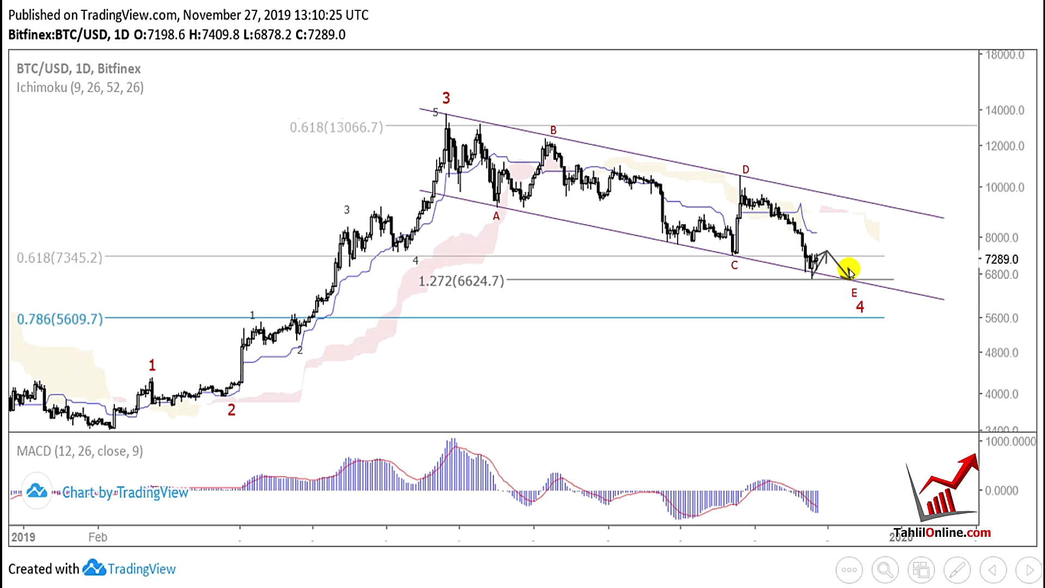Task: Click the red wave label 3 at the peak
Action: pyautogui.click(x=446, y=99)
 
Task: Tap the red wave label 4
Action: pyautogui.click(x=860, y=308)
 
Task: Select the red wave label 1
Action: pyautogui.click(x=152, y=365)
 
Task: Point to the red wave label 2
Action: pyautogui.click(x=231, y=410)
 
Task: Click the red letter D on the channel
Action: pyautogui.click(x=746, y=170)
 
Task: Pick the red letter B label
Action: pyautogui.click(x=553, y=131)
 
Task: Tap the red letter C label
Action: pyautogui.click(x=734, y=265)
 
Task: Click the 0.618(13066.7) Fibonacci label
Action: pyautogui.click(x=336, y=127)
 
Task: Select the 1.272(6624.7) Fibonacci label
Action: pyautogui.click(x=461, y=281)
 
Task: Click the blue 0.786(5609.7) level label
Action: pyautogui.click(x=60, y=319)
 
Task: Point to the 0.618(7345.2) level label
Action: pyautogui.click(x=59, y=258)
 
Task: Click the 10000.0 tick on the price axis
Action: pyautogui.click(x=1004, y=188)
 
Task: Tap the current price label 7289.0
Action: pyautogui.click(x=1001, y=260)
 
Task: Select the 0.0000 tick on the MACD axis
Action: pyautogui.click(x=1001, y=491)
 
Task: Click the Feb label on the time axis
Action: pyautogui.click(x=98, y=537)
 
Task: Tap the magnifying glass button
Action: pyautogui.click(x=885, y=570)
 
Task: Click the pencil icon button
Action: pyautogui.click(x=957, y=570)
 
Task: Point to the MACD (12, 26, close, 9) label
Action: pyautogui.click(x=80, y=451)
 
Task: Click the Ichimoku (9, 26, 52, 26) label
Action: pyautogui.click(x=80, y=88)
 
